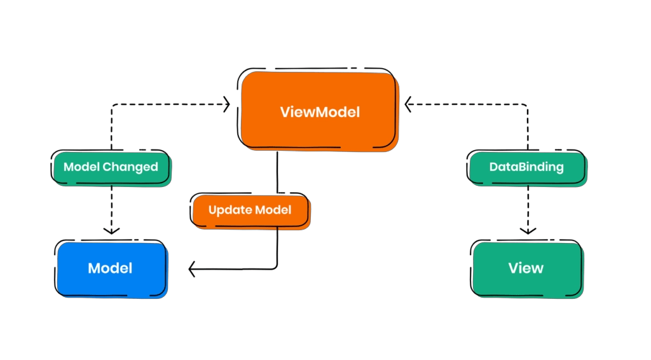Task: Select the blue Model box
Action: [111, 268]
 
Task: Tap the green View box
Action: [526, 268]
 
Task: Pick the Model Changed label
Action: [111, 167]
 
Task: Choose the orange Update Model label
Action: [250, 209]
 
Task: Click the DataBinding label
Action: [526, 167]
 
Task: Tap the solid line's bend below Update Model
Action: [277, 268]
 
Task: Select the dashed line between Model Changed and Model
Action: [111, 204]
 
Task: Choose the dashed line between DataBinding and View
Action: [526, 204]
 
